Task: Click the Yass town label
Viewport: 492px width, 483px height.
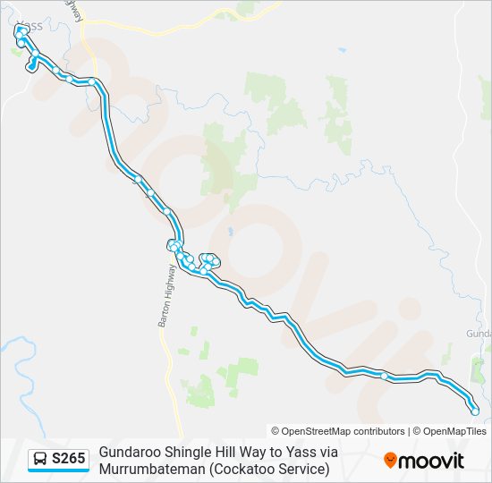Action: pyautogui.click(x=30, y=25)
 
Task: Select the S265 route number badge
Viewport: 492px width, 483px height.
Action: pyautogui.click(x=69, y=459)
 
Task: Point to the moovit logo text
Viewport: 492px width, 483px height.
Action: pyautogui.click(x=431, y=461)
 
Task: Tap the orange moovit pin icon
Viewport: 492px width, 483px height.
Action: pyautogui.click(x=390, y=461)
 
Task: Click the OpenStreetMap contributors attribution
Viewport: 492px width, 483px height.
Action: pyautogui.click(x=338, y=431)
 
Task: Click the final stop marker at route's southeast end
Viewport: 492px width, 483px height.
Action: pyautogui.click(x=475, y=411)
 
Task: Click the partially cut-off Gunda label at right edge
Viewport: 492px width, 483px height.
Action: pyautogui.click(x=479, y=334)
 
